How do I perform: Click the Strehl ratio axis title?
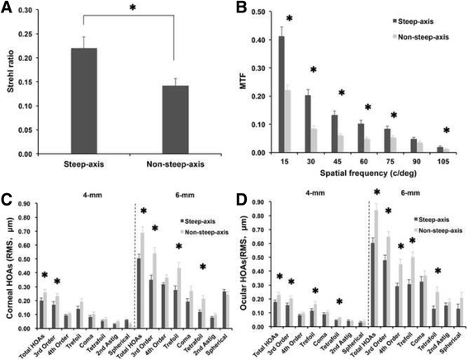coord(11,83)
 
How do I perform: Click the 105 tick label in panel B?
coord(446,162)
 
